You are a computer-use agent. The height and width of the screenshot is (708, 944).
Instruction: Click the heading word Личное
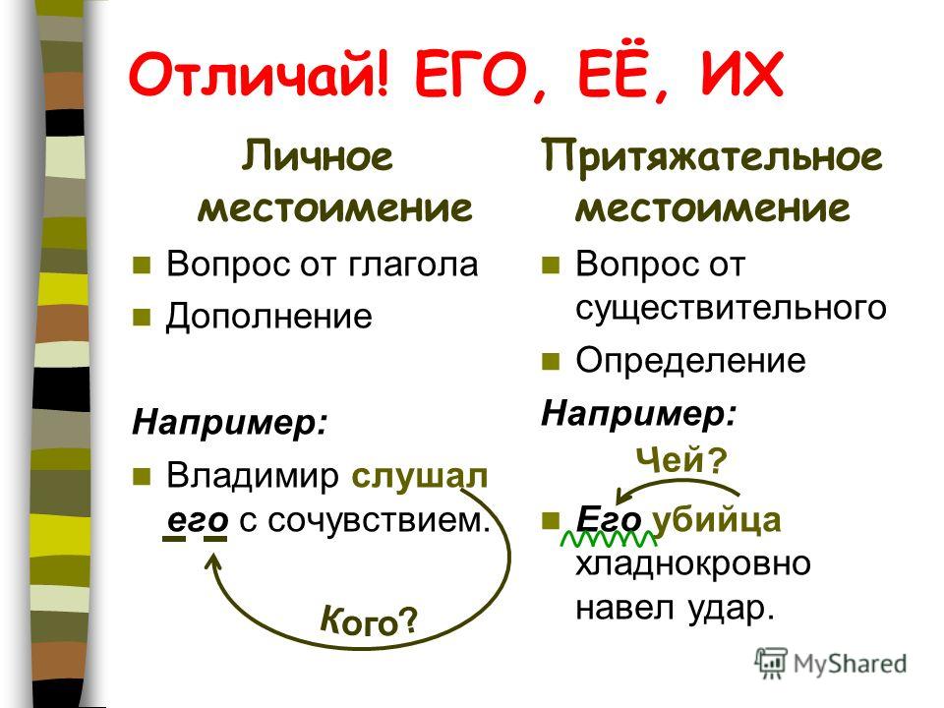click(318, 155)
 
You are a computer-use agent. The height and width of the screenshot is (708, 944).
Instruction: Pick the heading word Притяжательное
click(712, 156)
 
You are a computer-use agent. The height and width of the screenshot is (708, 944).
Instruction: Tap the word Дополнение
click(269, 317)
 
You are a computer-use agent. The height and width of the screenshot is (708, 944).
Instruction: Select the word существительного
click(731, 308)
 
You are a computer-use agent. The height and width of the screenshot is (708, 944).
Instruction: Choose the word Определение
click(690, 360)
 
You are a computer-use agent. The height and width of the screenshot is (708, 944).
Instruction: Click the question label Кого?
click(369, 620)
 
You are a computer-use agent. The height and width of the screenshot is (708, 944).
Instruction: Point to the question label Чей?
click(681, 461)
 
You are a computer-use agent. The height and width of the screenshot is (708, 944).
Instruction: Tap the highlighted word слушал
click(420, 476)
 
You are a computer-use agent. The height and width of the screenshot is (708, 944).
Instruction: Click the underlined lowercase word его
click(198, 520)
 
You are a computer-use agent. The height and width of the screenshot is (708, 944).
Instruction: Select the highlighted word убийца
click(717, 520)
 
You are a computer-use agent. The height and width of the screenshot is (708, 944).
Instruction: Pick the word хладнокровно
click(693, 564)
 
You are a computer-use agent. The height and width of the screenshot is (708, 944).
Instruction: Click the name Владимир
click(253, 476)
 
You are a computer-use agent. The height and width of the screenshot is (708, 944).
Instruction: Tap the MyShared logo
click(832, 664)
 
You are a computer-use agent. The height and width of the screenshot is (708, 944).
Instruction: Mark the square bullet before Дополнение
click(142, 318)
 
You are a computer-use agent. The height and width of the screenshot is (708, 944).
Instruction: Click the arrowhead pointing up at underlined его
click(212, 561)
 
